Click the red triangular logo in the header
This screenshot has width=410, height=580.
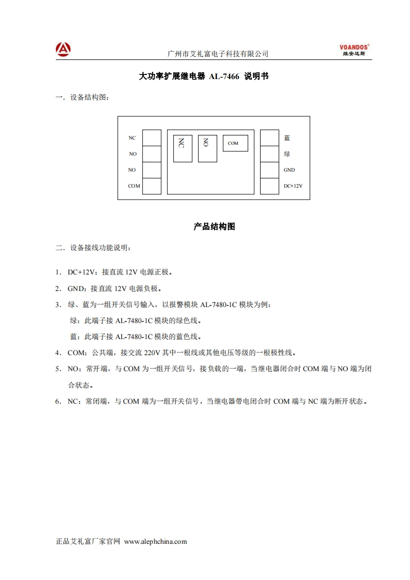pos(63,49)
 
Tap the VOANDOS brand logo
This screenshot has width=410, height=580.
pos(354,50)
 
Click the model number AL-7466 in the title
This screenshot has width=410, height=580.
pos(224,77)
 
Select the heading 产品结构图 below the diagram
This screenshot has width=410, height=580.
pos(214,226)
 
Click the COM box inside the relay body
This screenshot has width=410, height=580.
pos(235,143)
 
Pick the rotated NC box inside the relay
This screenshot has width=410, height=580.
pos(183,149)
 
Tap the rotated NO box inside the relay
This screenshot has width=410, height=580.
pos(207,148)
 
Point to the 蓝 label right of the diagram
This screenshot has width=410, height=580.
pos(287,138)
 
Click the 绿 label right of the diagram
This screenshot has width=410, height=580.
pos(287,154)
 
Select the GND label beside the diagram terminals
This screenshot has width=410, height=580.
pos(289,170)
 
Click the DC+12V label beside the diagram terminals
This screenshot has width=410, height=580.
pos(293,186)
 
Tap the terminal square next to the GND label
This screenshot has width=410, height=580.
pos(269,170)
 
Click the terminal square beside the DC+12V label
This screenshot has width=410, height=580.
pos(269,186)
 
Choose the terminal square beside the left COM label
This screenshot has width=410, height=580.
pos(151,186)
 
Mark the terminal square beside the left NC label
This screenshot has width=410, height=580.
pos(151,138)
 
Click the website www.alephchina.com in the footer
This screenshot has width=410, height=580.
pos(156,542)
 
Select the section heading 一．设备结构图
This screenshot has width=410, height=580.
pos(83,97)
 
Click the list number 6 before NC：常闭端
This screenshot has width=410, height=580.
pos(58,401)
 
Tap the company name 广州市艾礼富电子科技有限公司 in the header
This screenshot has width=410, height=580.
pos(219,54)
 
